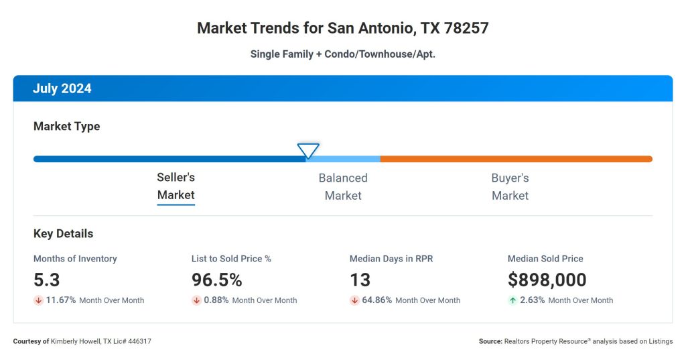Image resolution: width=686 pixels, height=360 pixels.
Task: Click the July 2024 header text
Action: point(62,88)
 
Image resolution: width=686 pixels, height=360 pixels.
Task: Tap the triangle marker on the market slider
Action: point(308,150)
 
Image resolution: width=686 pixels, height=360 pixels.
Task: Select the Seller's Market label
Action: point(176,186)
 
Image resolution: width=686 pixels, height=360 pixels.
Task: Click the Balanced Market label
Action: point(343,186)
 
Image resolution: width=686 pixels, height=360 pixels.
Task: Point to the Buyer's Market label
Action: point(510,186)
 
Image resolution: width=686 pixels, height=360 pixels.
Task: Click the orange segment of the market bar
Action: point(516,159)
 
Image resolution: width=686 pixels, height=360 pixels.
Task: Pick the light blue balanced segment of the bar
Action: point(343,159)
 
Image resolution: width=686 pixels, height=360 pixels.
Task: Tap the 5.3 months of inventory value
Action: point(47,280)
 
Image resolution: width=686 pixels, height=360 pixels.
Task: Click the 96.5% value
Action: point(217,280)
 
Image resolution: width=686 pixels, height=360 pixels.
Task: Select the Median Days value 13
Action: point(360,280)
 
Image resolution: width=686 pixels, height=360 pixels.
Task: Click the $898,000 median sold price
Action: point(547,280)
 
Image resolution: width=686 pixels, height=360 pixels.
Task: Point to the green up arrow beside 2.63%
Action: point(512,300)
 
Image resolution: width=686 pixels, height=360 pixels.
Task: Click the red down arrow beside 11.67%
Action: point(38,300)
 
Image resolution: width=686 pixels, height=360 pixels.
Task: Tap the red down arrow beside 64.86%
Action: point(354,300)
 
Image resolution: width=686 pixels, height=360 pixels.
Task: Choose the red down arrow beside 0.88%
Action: point(196,300)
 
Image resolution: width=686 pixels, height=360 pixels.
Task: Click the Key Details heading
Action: point(64,234)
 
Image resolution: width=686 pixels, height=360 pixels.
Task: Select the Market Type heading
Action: point(66,126)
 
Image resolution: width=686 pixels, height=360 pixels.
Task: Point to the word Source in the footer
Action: point(490,341)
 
